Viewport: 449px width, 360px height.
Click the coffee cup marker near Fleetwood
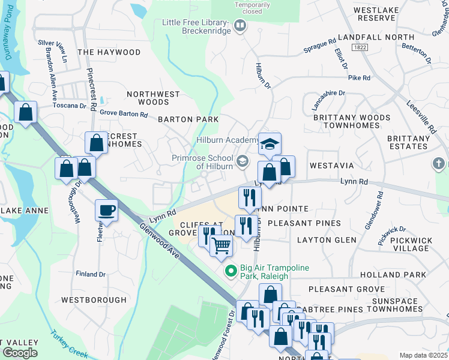coord(106,211)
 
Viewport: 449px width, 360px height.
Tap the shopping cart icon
coord(221,245)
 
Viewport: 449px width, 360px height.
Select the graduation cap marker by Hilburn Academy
coord(270,144)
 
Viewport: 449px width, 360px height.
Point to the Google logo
coord(20,353)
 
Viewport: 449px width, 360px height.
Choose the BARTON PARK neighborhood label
coord(188,119)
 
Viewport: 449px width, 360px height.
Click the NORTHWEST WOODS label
coord(153,98)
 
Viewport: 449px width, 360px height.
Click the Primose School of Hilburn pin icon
coord(243,160)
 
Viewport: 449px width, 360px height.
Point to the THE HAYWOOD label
coord(109,53)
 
